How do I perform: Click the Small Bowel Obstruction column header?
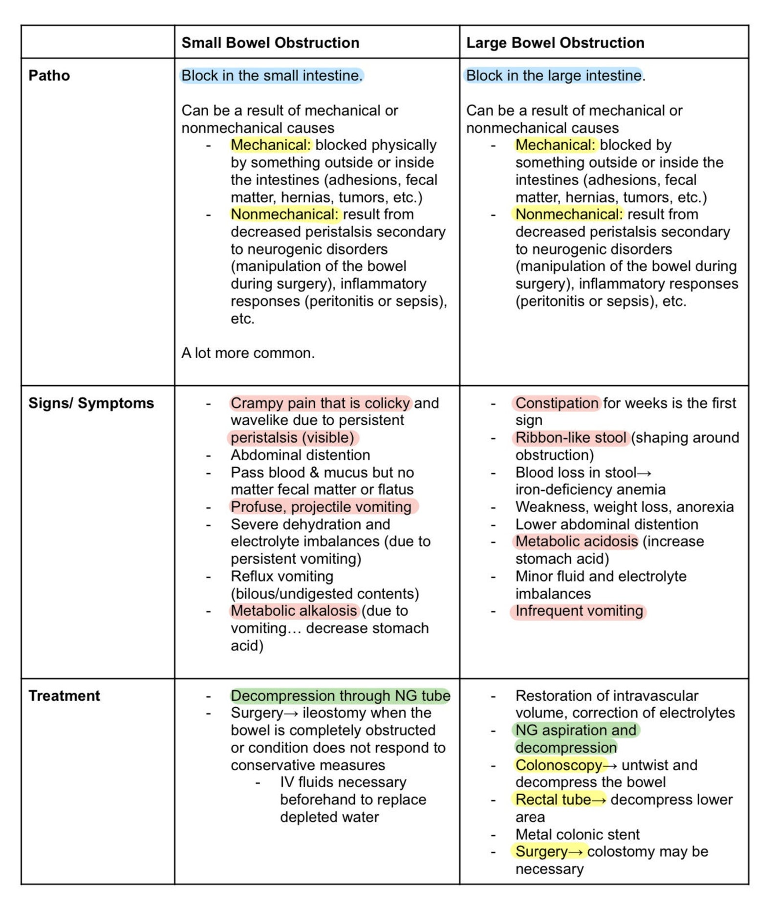(x=270, y=43)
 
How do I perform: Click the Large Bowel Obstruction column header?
(x=555, y=43)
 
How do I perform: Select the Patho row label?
(x=49, y=76)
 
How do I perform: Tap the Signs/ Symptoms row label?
(x=91, y=403)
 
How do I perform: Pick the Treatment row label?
(x=64, y=695)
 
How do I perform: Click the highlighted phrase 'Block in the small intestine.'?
(x=272, y=76)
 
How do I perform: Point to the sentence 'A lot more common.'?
(x=248, y=353)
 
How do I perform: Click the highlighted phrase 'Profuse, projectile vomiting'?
(x=321, y=507)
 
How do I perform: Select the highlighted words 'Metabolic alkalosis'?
(x=294, y=611)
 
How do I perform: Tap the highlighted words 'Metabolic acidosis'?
(x=576, y=541)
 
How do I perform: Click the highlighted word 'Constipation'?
(x=557, y=403)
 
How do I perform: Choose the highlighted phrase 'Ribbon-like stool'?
(x=570, y=438)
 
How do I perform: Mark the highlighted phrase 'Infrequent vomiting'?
(x=579, y=611)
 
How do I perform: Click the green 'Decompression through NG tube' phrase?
(x=340, y=695)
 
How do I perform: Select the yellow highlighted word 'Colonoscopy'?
(x=558, y=765)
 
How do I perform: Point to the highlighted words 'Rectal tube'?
(x=553, y=800)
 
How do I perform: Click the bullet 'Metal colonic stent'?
(x=577, y=834)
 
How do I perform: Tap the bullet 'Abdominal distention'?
(x=300, y=455)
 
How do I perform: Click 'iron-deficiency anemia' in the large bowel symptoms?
(x=590, y=490)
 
